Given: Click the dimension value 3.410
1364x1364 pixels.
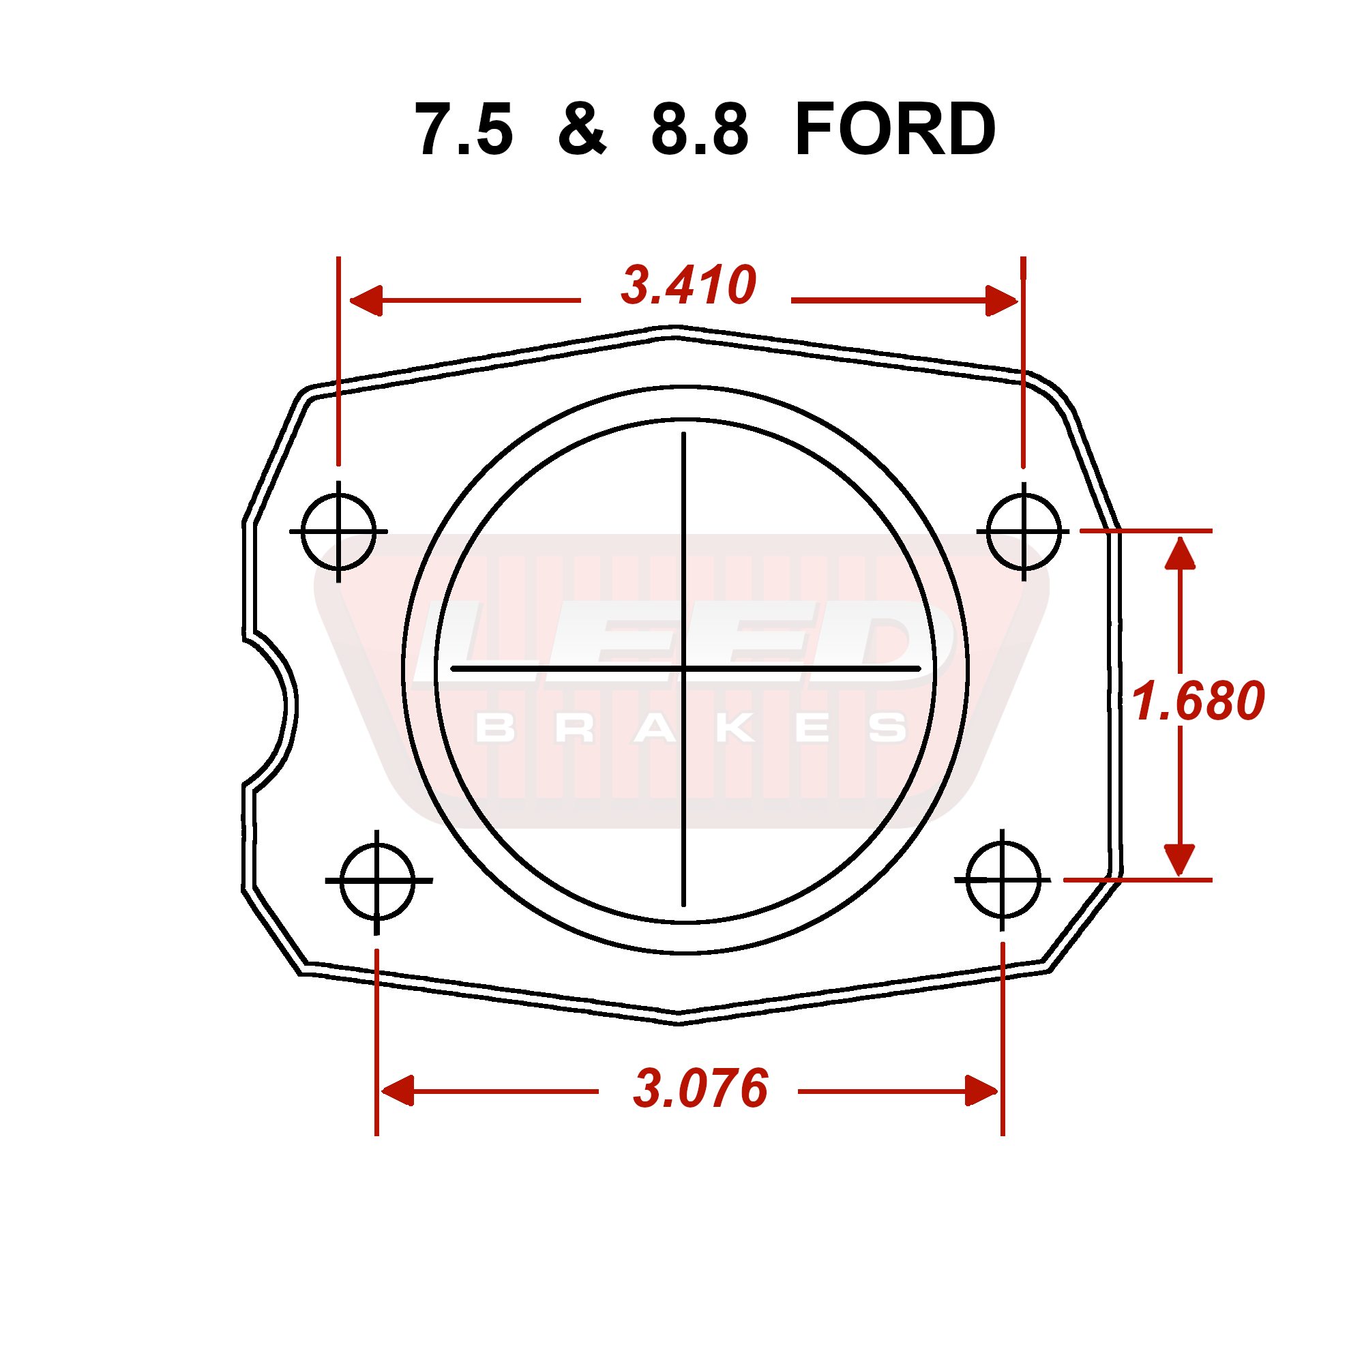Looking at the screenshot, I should [x=688, y=286].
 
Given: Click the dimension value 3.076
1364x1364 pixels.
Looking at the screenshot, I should [x=700, y=1088].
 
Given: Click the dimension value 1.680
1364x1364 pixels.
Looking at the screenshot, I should [x=1198, y=701].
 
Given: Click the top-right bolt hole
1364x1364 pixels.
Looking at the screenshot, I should [x=1023, y=531].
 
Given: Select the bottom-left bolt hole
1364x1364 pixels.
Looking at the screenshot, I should [x=377, y=880].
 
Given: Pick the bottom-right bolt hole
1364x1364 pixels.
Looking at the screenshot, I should [x=1003, y=880].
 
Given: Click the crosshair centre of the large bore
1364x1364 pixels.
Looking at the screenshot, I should [x=683, y=668].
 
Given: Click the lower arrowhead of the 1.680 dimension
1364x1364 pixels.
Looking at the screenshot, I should [x=1180, y=859].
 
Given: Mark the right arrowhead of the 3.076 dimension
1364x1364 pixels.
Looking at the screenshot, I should [x=981, y=1091].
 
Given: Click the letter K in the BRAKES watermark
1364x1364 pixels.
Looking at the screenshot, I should [x=735, y=728].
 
